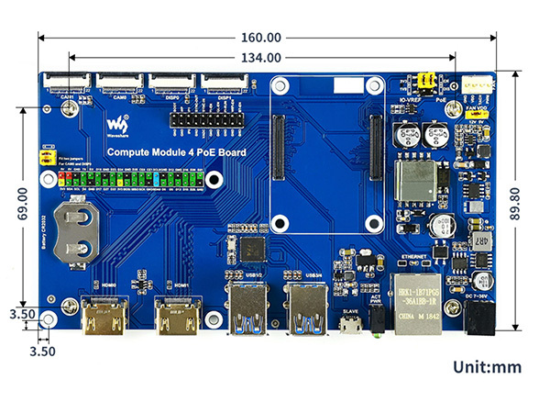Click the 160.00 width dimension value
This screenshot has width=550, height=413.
tap(262, 38)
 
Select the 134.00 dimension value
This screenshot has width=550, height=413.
tap(262, 58)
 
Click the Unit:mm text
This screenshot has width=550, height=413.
tap(487, 367)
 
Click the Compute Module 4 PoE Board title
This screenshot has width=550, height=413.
tap(176, 152)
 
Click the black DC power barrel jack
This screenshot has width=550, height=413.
tap(479, 318)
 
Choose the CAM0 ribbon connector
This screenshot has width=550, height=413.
tap(122, 83)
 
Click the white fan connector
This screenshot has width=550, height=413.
tap(477, 87)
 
